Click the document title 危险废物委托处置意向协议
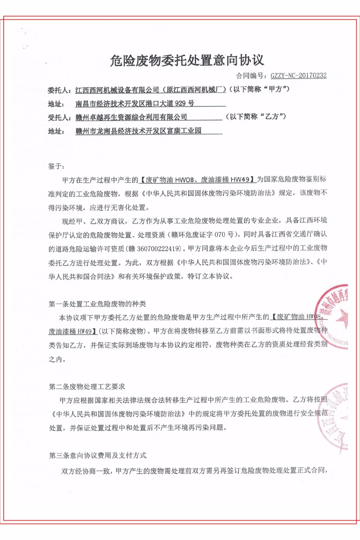(x=187, y=60)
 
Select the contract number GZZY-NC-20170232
(x=298, y=76)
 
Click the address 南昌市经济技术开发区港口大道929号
(x=135, y=104)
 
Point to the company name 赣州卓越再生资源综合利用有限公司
(x=131, y=117)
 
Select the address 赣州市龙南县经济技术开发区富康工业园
(x=138, y=131)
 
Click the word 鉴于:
(x=56, y=166)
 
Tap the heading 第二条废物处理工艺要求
(x=87, y=387)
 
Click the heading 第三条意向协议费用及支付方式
(x=98, y=456)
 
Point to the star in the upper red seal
(x=343, y=317)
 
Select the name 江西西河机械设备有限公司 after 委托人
(x=117, y=90)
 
